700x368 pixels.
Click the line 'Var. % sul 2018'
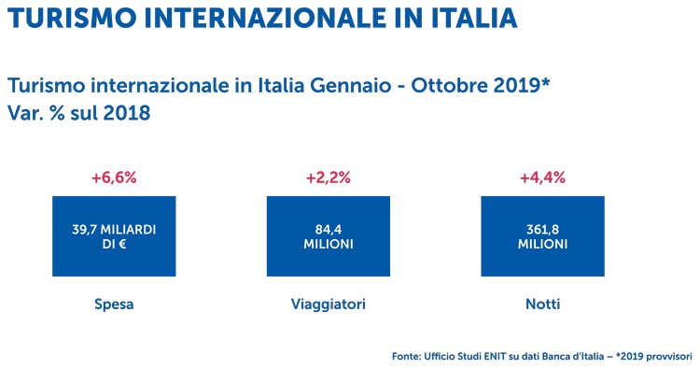(78, 113)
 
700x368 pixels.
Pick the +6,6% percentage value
(114, 178)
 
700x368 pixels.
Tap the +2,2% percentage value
(329, 178)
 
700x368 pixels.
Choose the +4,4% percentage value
(542, 178)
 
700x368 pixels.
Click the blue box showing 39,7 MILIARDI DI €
(114, 235)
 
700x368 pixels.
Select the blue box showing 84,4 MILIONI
(329, 235)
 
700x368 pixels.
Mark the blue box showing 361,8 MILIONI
(542, 235)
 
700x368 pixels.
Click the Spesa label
(114, 304)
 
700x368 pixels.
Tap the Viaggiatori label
(329, 304)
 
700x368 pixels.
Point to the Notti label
(542, 304)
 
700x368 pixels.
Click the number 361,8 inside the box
(542, 228)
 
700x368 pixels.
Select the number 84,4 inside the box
(329, 228)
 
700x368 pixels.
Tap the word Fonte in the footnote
(407, 355)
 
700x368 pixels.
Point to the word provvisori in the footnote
(666, 355)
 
